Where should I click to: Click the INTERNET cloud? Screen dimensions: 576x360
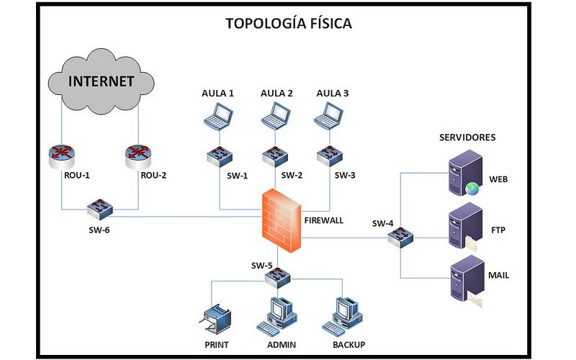101,81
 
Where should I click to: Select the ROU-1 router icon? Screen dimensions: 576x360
62,157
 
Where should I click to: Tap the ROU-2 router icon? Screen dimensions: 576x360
138,157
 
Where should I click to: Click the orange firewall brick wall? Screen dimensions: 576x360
282,220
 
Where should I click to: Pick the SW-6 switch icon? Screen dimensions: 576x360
100,209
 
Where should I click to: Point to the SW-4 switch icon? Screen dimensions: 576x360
400,238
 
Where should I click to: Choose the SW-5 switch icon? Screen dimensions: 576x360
278,278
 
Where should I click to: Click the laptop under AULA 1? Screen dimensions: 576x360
219,116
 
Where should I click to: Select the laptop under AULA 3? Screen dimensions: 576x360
329,116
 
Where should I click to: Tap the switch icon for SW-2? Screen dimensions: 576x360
275,157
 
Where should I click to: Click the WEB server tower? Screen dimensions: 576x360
465,173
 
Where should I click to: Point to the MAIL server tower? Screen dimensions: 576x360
467,280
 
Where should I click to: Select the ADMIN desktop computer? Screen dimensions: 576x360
276,317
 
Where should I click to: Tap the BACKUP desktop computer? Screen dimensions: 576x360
343,317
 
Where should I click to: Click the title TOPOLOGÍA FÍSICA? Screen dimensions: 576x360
289,23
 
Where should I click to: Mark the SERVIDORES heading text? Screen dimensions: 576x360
467,138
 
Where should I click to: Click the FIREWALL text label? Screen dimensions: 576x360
324,220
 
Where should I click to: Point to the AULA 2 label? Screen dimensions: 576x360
276,94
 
